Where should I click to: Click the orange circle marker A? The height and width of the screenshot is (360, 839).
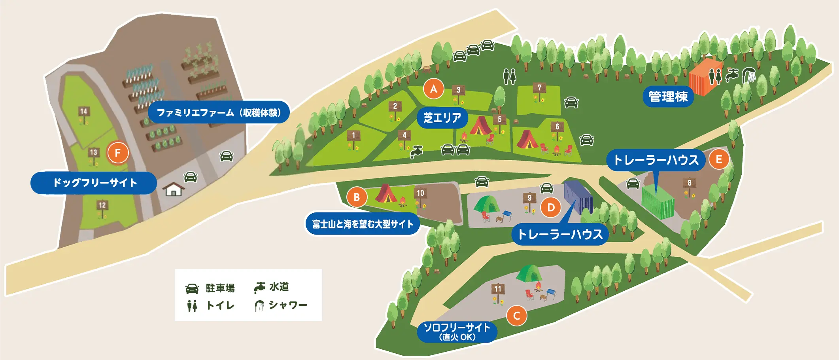(x=433, y=89)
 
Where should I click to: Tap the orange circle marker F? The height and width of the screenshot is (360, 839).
(x=117, y=153)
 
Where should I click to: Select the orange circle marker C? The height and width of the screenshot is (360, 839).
(x=516, y=316)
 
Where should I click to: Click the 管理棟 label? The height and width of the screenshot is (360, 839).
(x=668, y=96)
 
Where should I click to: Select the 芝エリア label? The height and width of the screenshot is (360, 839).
(x=442, y=117)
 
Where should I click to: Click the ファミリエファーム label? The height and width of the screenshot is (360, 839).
(x=219, y=112)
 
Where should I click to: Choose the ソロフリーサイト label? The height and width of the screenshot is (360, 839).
(x=457, y=332)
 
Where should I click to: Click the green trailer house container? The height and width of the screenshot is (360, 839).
(x=658, y=202)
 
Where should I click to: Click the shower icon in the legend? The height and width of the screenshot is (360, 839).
(x=259, y=305)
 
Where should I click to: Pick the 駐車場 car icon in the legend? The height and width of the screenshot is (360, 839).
(x=192, y=288)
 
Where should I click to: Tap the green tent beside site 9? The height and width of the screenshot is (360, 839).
(x=487, y=204)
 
